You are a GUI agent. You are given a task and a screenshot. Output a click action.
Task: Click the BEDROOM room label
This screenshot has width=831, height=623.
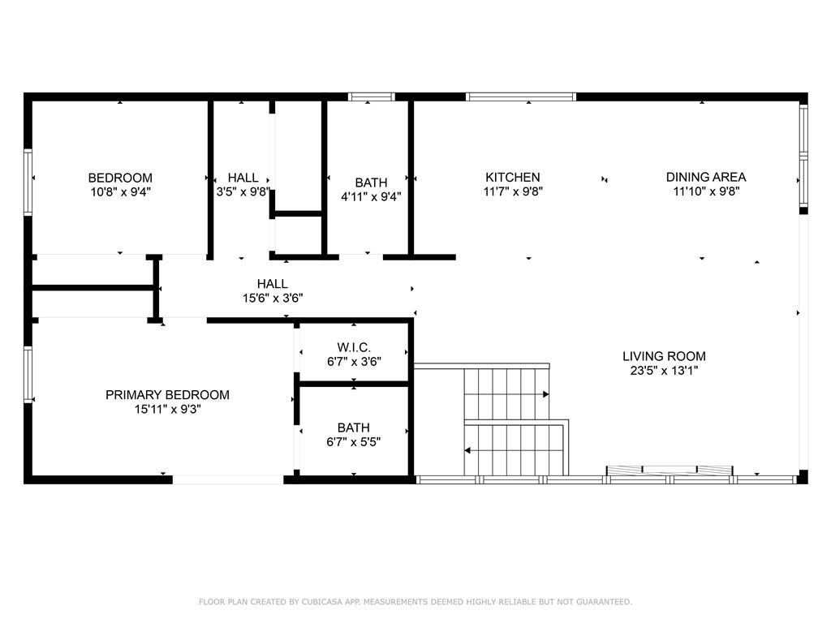tap(120, 178)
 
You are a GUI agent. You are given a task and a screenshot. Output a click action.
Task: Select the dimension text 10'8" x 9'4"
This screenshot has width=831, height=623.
tap(120, 192)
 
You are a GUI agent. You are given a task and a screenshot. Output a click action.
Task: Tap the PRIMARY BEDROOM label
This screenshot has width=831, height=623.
tap(167, 395)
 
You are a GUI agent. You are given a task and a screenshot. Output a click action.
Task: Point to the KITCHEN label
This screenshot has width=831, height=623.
tap(512, 177)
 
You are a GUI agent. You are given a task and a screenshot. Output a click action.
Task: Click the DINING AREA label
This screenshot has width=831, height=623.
tap(705, 177)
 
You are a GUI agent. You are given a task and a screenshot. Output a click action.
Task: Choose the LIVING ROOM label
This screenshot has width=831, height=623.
tap(664, 356)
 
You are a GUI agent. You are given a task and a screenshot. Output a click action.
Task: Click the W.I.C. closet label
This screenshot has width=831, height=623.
tap(354, 347)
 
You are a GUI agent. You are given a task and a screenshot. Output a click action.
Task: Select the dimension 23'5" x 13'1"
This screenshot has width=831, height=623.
tap(664, 371)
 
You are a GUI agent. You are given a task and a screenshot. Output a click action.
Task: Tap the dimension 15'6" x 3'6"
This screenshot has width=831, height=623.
tap(272, 298)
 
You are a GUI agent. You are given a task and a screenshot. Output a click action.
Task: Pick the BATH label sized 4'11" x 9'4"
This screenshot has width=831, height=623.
tap(371, 183)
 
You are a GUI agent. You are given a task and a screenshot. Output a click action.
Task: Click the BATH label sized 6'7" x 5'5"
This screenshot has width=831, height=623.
tap(354, 428)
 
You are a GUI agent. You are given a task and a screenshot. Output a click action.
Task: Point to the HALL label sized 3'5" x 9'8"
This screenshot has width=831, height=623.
tap(243, 178)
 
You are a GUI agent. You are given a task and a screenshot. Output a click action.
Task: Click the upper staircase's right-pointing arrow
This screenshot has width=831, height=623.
tap(545, 394)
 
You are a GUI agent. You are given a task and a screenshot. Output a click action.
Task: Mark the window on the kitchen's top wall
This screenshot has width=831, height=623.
tap(521, 97)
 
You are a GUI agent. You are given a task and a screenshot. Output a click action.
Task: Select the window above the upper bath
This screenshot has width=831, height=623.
tap(371, 97)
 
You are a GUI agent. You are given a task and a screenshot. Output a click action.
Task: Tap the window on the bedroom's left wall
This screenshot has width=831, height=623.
tap(28, 182)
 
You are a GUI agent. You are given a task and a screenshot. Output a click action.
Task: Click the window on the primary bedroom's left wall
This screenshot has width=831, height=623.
tap(28, 374)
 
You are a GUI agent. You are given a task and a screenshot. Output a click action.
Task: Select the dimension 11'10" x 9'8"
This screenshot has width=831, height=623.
tap(705, 192)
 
